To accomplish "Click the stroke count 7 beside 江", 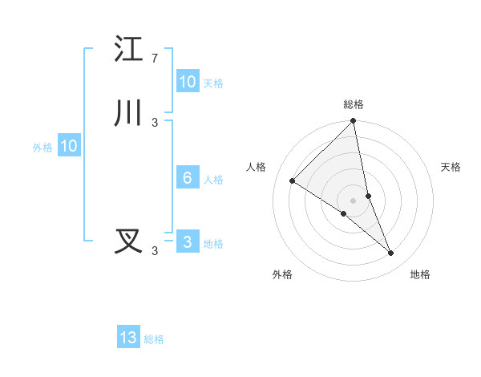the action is point(155,59).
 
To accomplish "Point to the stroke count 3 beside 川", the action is point(155,123).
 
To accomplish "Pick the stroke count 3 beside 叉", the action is point(155,251).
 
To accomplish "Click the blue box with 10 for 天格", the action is point(188,82).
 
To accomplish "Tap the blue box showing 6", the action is point(188,178).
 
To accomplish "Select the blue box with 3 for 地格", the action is point(188,242).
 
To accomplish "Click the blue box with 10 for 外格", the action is point(69,146).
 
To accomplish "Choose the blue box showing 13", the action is point(128,338).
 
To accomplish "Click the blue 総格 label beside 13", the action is point(154,339).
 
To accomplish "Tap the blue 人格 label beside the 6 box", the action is point(213,180).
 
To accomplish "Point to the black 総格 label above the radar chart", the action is point(354,104).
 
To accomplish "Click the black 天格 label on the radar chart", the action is point(451,167).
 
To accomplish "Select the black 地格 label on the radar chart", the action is point(420,274).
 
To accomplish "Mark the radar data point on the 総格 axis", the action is point(354,121).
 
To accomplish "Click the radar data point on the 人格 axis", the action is point(293,181).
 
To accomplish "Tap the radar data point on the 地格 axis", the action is point(391,253).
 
